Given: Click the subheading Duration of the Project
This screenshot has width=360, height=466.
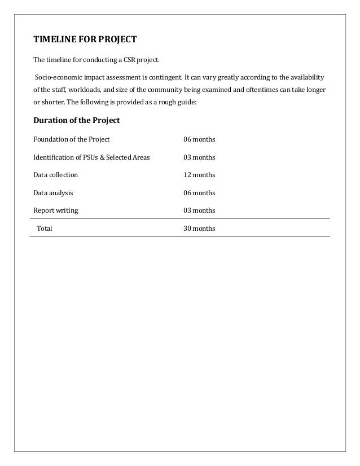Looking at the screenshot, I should (x=76, y=120).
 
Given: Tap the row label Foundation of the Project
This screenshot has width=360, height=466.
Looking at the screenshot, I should (x=72, y=139).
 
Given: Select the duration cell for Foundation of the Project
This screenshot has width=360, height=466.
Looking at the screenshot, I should (x=199, y=139).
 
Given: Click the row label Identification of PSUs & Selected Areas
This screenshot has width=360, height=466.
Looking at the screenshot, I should (x=91, y=157).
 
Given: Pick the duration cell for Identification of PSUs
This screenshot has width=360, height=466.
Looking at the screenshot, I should (x=199, y=157).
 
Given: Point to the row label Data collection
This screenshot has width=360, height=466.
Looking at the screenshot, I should (x=56, y=175).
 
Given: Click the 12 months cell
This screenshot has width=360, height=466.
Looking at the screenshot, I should (x=199, y=175).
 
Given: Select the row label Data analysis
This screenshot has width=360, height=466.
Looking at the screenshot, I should (x=53, y=193).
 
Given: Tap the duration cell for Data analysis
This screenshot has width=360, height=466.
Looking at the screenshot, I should (x=199, y=193).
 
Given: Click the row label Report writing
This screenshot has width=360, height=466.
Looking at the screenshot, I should (x=56, y=210).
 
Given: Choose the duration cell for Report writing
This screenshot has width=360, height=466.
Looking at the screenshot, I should (x=199, y=210).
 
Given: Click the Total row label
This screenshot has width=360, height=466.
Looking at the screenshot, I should (x=45, y=228).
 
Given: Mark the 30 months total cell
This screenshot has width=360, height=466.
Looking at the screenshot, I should (x=199, y=228).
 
